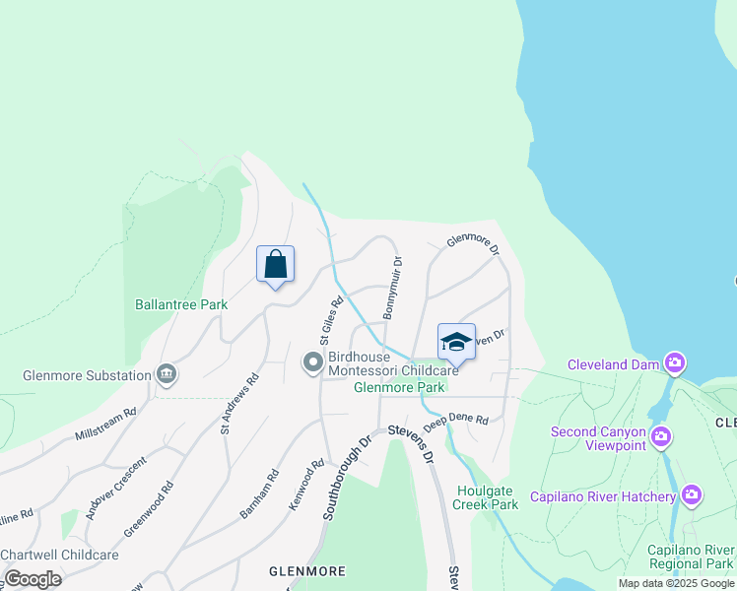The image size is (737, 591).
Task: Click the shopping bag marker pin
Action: (x=276, y=264)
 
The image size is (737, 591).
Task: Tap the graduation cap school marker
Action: (x=456, y=343)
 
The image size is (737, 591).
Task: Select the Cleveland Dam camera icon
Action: (x=675, y=364)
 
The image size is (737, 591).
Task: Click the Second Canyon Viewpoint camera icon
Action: (x=660, y=436)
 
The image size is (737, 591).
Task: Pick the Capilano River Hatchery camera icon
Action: (x=692, y=494)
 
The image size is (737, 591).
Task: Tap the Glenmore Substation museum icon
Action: (x=167, y=374)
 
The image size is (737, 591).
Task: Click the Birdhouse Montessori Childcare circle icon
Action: (x=313, y=363)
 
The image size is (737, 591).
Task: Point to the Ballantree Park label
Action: (x=181, y=304)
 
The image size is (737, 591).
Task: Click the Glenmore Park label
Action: (x=399, y=388)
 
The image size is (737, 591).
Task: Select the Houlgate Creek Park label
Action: (x=485, y=497)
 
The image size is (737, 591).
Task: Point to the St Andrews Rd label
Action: (x=239, y=402)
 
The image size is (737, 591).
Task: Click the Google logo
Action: (x=33, y=579)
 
